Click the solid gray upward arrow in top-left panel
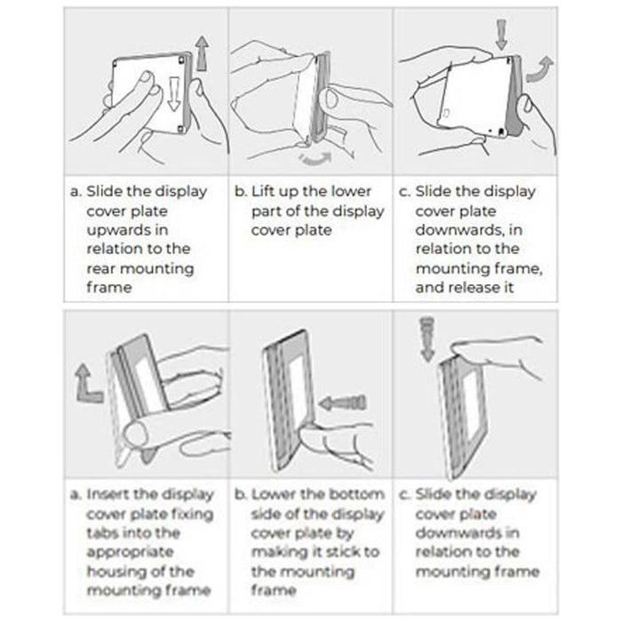pos(203,53)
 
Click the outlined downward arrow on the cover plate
pos(174,94)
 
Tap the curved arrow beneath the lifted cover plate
pos(316,159)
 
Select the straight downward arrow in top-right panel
pos(501,34)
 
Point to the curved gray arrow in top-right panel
pos(539,69)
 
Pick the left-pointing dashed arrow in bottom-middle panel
pos(343,403)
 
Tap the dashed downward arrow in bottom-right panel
pos(427,339)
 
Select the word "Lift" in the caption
pos(263,191)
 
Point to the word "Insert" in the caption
pos(108,494)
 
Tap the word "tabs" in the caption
pos(101,532)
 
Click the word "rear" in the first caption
pos(100,268)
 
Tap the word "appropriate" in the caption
pos(130,552)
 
